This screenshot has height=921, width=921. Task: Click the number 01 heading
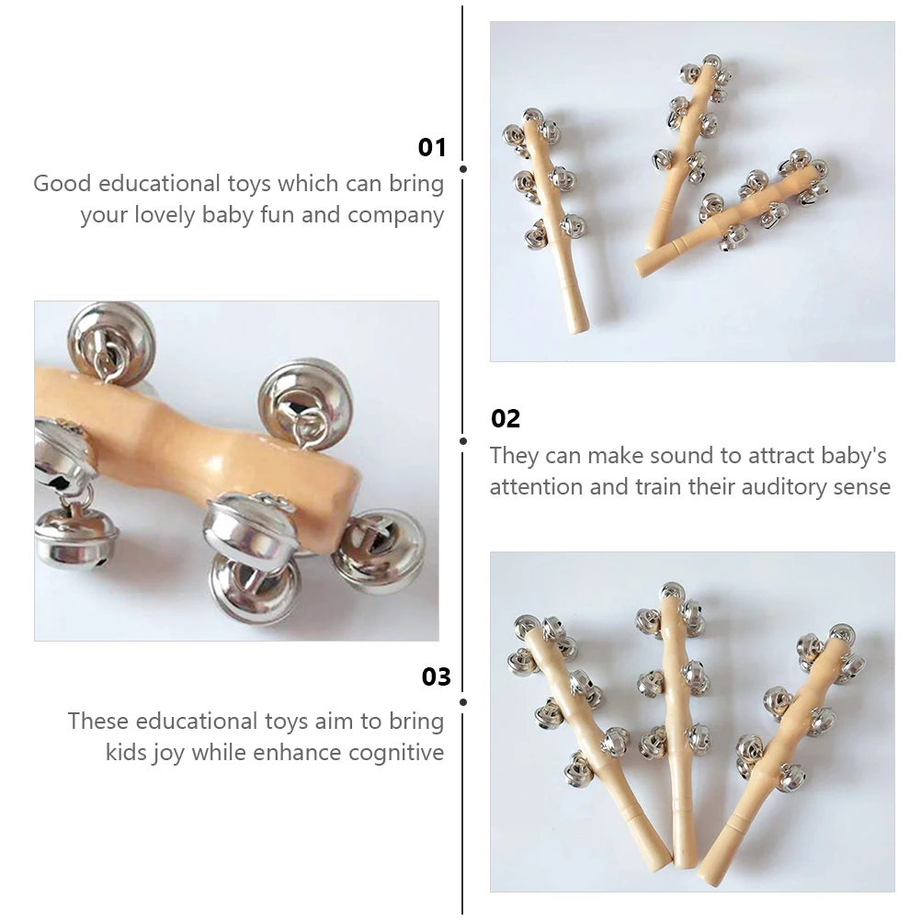coord(431,148)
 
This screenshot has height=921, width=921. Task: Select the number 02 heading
coord(506,419)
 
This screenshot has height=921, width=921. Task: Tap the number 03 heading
coord(436,677)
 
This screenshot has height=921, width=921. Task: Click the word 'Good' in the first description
coord(63,183)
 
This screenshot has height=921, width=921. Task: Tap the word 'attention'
coord(536,486)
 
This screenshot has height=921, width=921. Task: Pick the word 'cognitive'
coord(396,754)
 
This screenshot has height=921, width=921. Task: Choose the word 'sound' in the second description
coord(683,455)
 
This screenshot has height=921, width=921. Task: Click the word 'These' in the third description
coord(98,722)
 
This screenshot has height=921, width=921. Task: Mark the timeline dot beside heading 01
coord(463,169)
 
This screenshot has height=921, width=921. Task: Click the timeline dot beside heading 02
coord(463,441)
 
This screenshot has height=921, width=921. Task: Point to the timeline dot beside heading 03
coord(463,700)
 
